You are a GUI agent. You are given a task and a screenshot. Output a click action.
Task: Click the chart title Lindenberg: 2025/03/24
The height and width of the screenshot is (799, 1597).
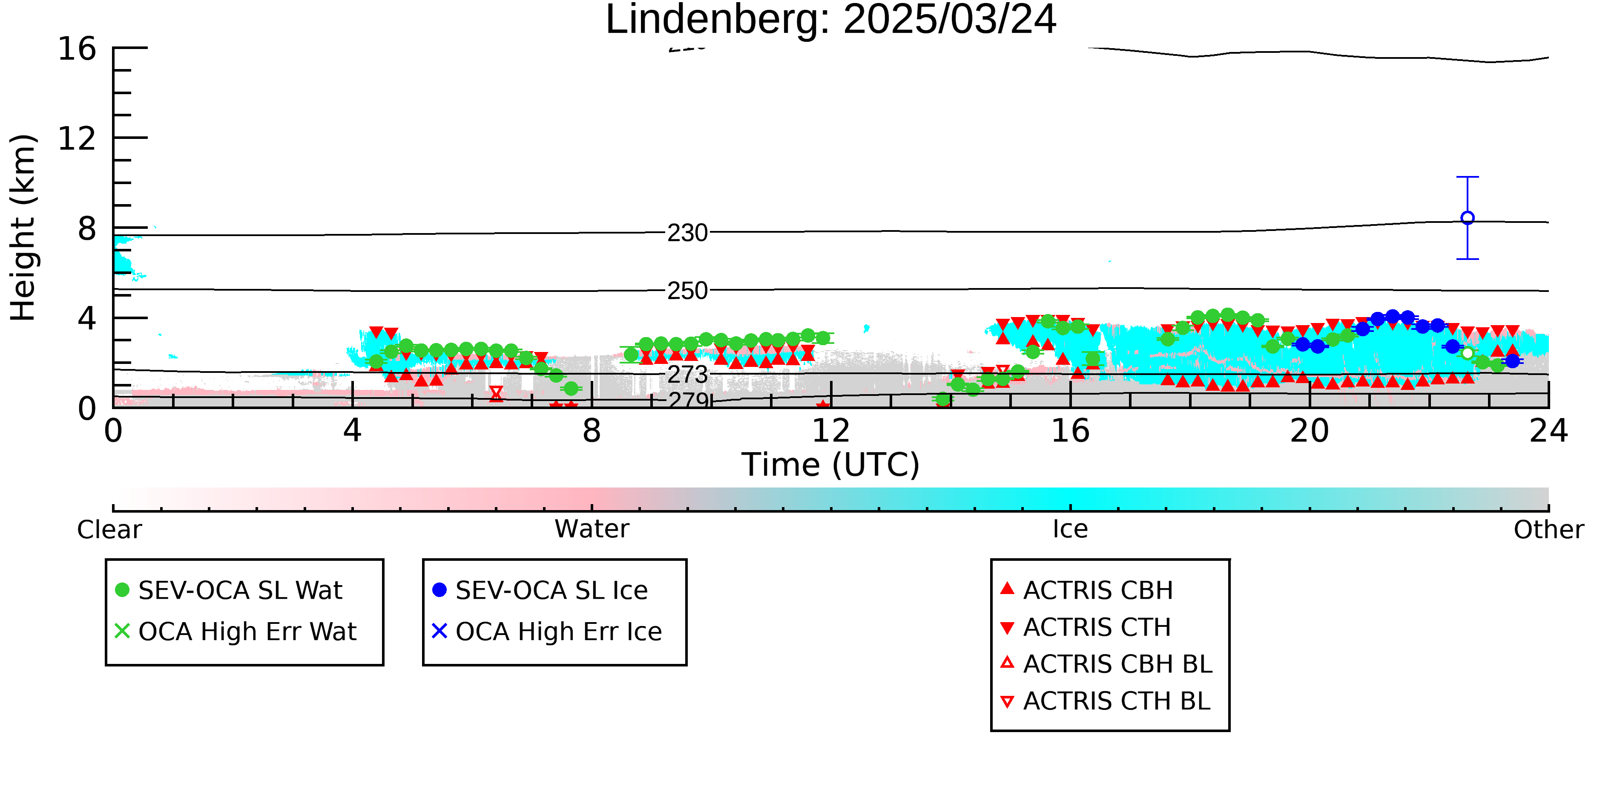pos(831,20)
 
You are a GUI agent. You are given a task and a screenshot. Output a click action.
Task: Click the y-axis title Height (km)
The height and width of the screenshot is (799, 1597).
pos(23,228)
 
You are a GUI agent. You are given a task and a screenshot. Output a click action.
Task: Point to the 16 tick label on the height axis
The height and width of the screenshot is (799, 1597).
pos(77,49)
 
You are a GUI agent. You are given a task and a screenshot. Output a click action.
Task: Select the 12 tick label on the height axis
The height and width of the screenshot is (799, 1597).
pos(77,138)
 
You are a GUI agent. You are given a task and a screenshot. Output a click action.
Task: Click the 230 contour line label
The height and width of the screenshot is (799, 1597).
pos(687,233)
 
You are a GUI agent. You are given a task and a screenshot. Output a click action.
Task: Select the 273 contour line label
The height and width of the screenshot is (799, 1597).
pos(687,374)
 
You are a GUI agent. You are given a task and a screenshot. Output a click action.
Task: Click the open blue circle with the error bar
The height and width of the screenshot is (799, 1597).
pos(1468,218)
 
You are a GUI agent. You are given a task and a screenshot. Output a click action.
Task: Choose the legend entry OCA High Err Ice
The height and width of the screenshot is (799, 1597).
pos(547,632)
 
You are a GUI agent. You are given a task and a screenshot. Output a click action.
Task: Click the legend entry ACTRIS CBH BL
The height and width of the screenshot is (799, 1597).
pos(1107,664)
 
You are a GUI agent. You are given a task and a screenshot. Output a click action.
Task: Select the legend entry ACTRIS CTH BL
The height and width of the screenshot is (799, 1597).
pos(1106,701)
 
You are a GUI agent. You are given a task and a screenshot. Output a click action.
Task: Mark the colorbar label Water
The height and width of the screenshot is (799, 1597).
pos(592,529)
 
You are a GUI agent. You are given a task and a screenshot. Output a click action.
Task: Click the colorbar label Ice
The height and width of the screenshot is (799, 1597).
pos(1070,529)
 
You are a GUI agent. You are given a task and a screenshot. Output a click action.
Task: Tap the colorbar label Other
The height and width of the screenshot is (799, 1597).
pos(1548,530)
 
